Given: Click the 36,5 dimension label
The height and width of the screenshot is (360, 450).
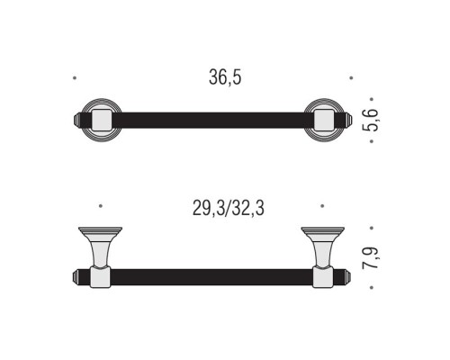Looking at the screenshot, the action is pos(225,77).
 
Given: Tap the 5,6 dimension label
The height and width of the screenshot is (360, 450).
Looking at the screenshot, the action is pos(370,120).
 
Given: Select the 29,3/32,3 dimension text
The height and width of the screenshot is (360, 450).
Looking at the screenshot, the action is pos(229,208).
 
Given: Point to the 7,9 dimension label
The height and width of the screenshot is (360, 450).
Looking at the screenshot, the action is pos(370,258).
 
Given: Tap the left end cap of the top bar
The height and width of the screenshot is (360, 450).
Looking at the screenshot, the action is pos(76,120).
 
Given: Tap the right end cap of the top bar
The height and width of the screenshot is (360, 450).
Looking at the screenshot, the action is pos(348,120).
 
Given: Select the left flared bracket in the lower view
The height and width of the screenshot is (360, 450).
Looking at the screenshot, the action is pos(100,247).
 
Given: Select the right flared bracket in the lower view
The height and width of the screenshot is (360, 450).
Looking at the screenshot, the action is pos(323,247).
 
